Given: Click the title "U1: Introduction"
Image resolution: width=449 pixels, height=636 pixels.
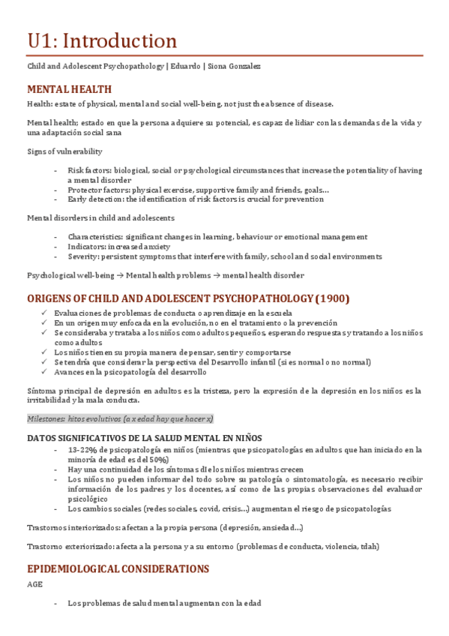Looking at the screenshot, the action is coord(102,40).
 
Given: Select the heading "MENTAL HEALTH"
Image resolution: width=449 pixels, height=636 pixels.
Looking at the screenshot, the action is coord(69,89).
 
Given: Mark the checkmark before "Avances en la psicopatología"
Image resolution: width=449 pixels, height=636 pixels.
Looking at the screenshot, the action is coord(46,371).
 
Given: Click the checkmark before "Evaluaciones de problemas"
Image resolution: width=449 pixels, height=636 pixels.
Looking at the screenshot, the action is coord(46,313).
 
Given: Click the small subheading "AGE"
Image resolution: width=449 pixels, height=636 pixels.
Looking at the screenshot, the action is coord(34,583).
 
